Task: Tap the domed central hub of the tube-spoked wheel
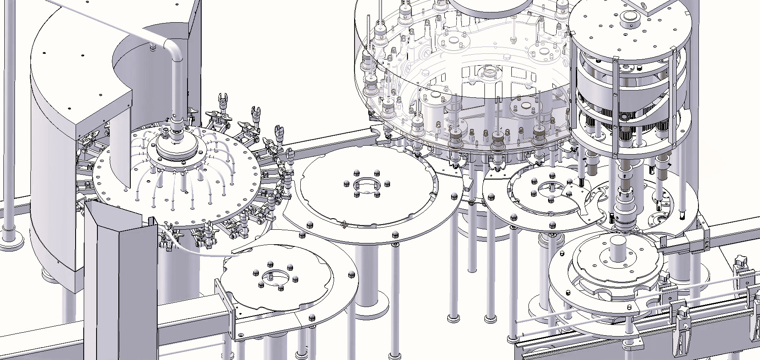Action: point(175,145)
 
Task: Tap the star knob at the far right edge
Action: point(741,261)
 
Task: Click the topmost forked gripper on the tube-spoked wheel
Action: point(222,101)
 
